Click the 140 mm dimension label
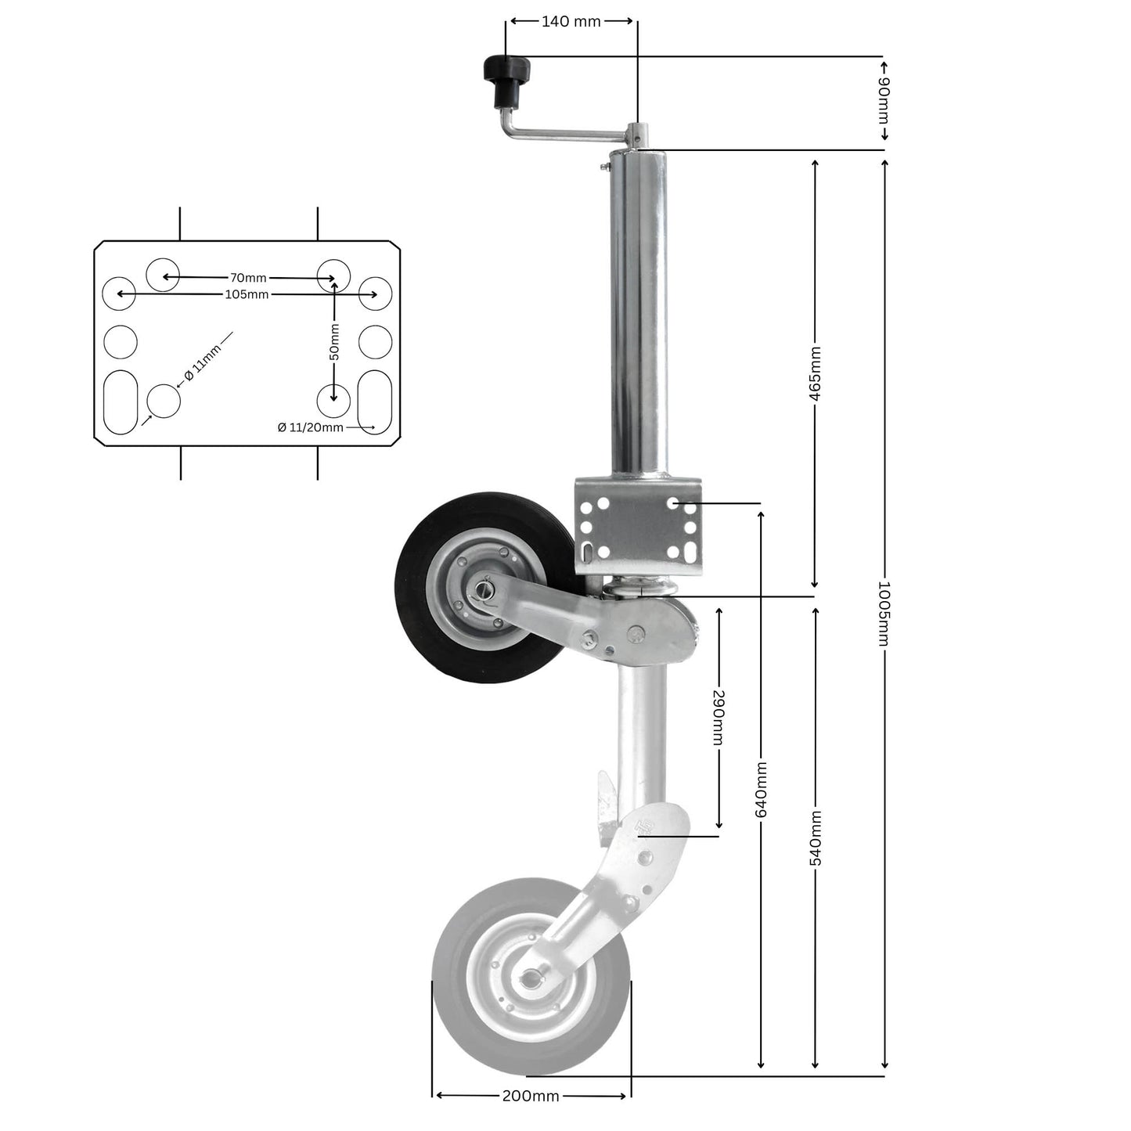pyautogui.click(x=571, y=22)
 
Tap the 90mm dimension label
pyautogui.click(x=884, y=100)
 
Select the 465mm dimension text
pyautogui.click(x=815, y=374)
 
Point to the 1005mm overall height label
pyautogui.click(x=884, y=614)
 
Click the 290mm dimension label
pyautogui.click(x=719, y=717)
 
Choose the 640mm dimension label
pyautogui.click(x=761, y=790)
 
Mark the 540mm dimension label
pyautogui.click(x=815, y=838)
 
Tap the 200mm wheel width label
pyautogui.click(x=531, y=1096)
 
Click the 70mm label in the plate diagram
pyautogui.click(x=247, y=278)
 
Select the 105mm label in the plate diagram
pyautogui.click(x=247, y=294)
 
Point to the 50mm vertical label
pyautogui.click(x=334, y=341)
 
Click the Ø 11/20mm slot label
pyautogui.click(x=310, y=427)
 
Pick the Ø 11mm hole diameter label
pyautogui.click(x=203, y=361)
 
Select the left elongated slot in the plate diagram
pyautogui.click(x=121, y=402)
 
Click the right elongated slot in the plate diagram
pyautogui.click(x=374, y=402)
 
